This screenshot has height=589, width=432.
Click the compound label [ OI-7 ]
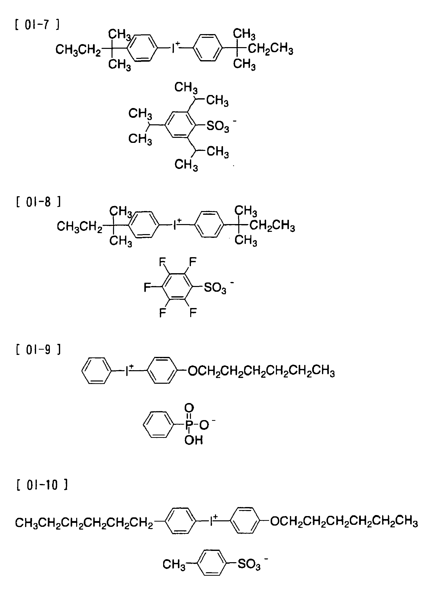[x=37, y=25]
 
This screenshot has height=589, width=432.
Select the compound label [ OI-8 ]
[x=38, y=202]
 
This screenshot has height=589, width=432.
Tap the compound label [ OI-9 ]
[x=38, y=349]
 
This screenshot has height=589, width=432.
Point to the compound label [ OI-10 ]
[x=42, y=485]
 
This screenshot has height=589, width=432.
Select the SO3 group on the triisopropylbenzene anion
[x=218, y=127]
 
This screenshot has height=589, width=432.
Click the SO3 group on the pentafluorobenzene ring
[x=215, y=288]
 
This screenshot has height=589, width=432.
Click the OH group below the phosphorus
[x=193, y=440]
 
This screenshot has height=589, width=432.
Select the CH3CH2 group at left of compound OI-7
[x=78, y=50]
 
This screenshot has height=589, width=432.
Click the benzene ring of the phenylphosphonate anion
[x=158, y=425]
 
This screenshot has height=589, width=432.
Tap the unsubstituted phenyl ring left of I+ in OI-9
[x=97, y=371]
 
